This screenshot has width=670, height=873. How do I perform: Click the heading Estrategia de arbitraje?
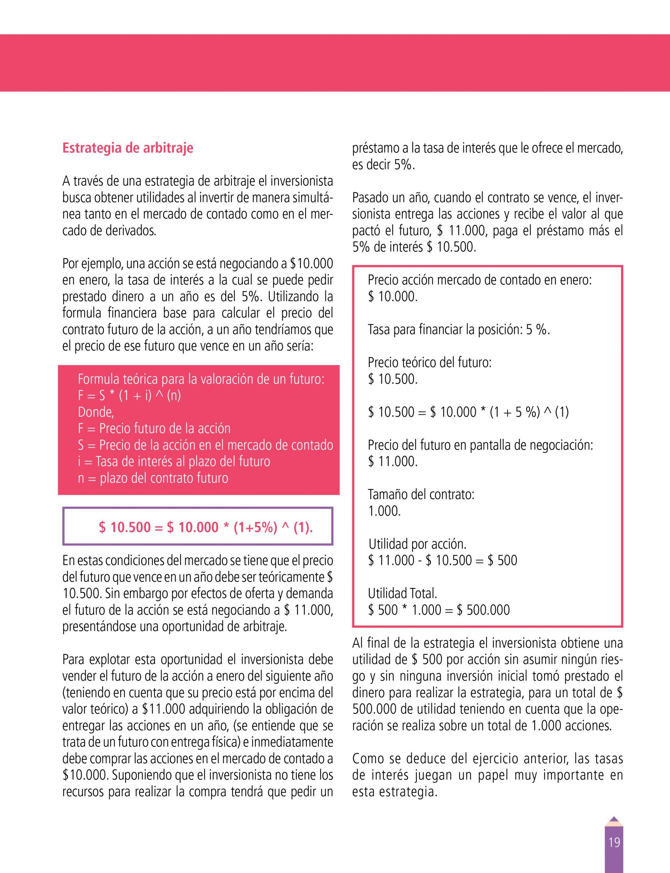coord(127,148)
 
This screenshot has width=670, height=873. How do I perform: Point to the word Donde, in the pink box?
coord(96,412)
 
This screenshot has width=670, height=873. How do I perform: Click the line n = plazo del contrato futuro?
coord(153,478)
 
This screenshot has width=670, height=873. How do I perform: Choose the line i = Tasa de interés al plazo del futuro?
coord(174,462)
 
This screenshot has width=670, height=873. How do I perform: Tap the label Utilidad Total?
coord(402,593)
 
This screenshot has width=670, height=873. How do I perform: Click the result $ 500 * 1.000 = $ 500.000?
coord(439,610)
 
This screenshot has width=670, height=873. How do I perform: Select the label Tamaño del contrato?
coord(421,494)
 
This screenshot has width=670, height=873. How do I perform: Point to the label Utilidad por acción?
coord(417,544)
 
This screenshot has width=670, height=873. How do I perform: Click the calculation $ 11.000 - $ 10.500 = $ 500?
coord(442,560)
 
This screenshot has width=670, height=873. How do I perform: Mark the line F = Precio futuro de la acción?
coord(154,429)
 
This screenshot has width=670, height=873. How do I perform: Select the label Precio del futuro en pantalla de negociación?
coord(480,445)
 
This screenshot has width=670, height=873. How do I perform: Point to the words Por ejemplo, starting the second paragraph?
coord(88,264)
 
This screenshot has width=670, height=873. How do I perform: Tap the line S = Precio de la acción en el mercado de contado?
coord(205,445)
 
